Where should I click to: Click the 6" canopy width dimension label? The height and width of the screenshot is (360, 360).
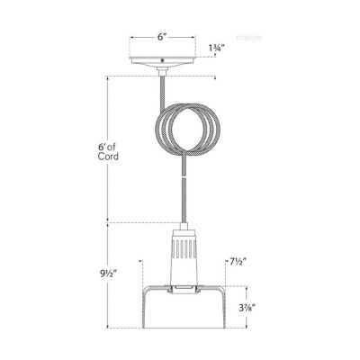(x=160, y=38)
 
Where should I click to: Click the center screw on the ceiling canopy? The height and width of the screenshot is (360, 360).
(x=161, y=61)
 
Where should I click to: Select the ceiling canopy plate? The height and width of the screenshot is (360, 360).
(x=161, y=63)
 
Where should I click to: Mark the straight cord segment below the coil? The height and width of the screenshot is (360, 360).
(x=182, y=193)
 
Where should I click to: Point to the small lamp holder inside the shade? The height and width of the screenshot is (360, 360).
(x=182, y=289)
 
